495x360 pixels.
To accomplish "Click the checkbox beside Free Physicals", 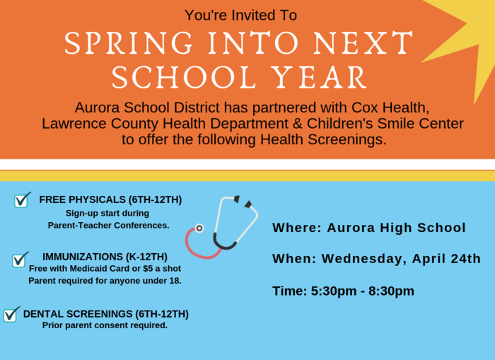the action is coord(21,200).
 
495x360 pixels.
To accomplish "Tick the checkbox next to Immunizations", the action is coord(19,260).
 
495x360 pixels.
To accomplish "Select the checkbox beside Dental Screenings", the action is coord(11,315).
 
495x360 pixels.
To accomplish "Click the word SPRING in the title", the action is coord(129,42).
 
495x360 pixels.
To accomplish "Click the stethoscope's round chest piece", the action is coord(199,228).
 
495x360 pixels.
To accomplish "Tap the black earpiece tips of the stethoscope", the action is coord(243,202).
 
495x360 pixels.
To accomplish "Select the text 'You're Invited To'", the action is coord(241,15).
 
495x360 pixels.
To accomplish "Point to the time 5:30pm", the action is coord(334,291).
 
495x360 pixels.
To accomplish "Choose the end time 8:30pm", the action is coord(391,291).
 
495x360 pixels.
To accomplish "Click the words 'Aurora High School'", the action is coord(396,228).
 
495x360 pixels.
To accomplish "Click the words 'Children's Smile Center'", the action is coord(385,124).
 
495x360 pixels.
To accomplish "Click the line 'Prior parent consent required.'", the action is coord(105,325).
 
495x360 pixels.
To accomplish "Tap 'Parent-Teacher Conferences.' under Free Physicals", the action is coord(109,226).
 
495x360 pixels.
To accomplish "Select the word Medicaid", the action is coord(86,269).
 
